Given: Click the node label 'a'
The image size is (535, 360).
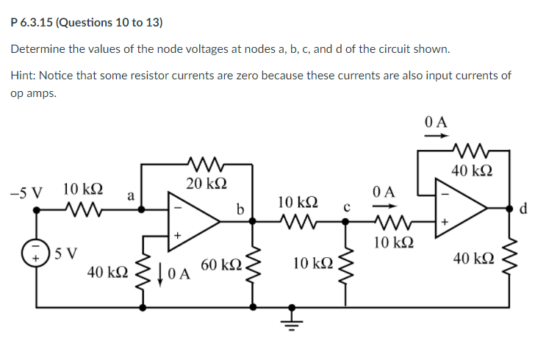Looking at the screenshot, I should (x=130, y=195).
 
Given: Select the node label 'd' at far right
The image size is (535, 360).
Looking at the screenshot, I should (x=523, y=209).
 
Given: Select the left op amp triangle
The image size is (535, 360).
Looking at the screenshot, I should (x=193, y=221).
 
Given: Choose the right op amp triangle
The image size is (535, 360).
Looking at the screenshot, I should (x=459, y=209).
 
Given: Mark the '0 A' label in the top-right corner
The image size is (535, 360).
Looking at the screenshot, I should (x=436, y=120).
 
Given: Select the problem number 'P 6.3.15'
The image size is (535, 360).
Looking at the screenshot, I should (x=32, y=22).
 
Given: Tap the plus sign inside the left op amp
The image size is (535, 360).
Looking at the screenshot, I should (x=176, y=235).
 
